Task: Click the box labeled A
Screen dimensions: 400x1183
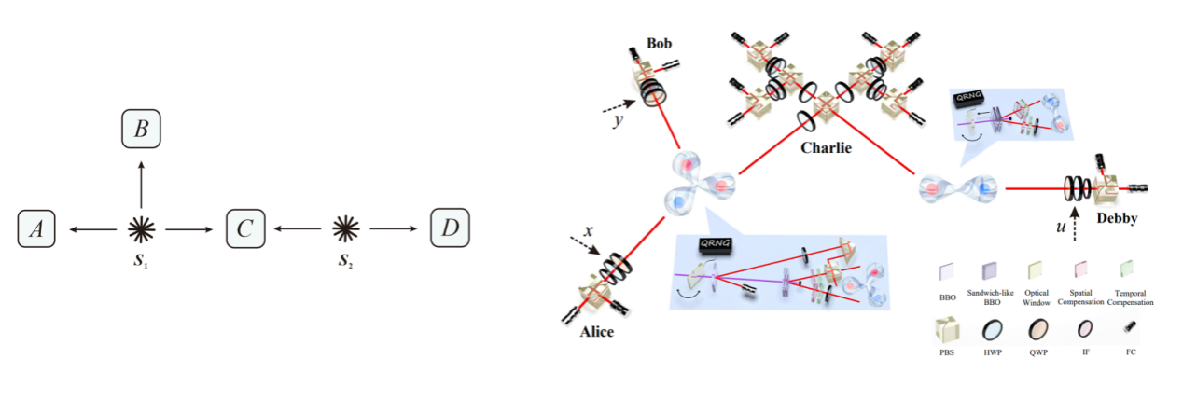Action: click(36, 228)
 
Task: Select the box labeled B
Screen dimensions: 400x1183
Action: click(141, 129)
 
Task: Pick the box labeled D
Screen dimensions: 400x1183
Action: click(450, 228)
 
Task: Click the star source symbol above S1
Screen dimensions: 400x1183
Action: click(142, 227)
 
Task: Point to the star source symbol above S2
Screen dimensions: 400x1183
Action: click(346, 227)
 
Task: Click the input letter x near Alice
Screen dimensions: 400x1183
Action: click(588, 228)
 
